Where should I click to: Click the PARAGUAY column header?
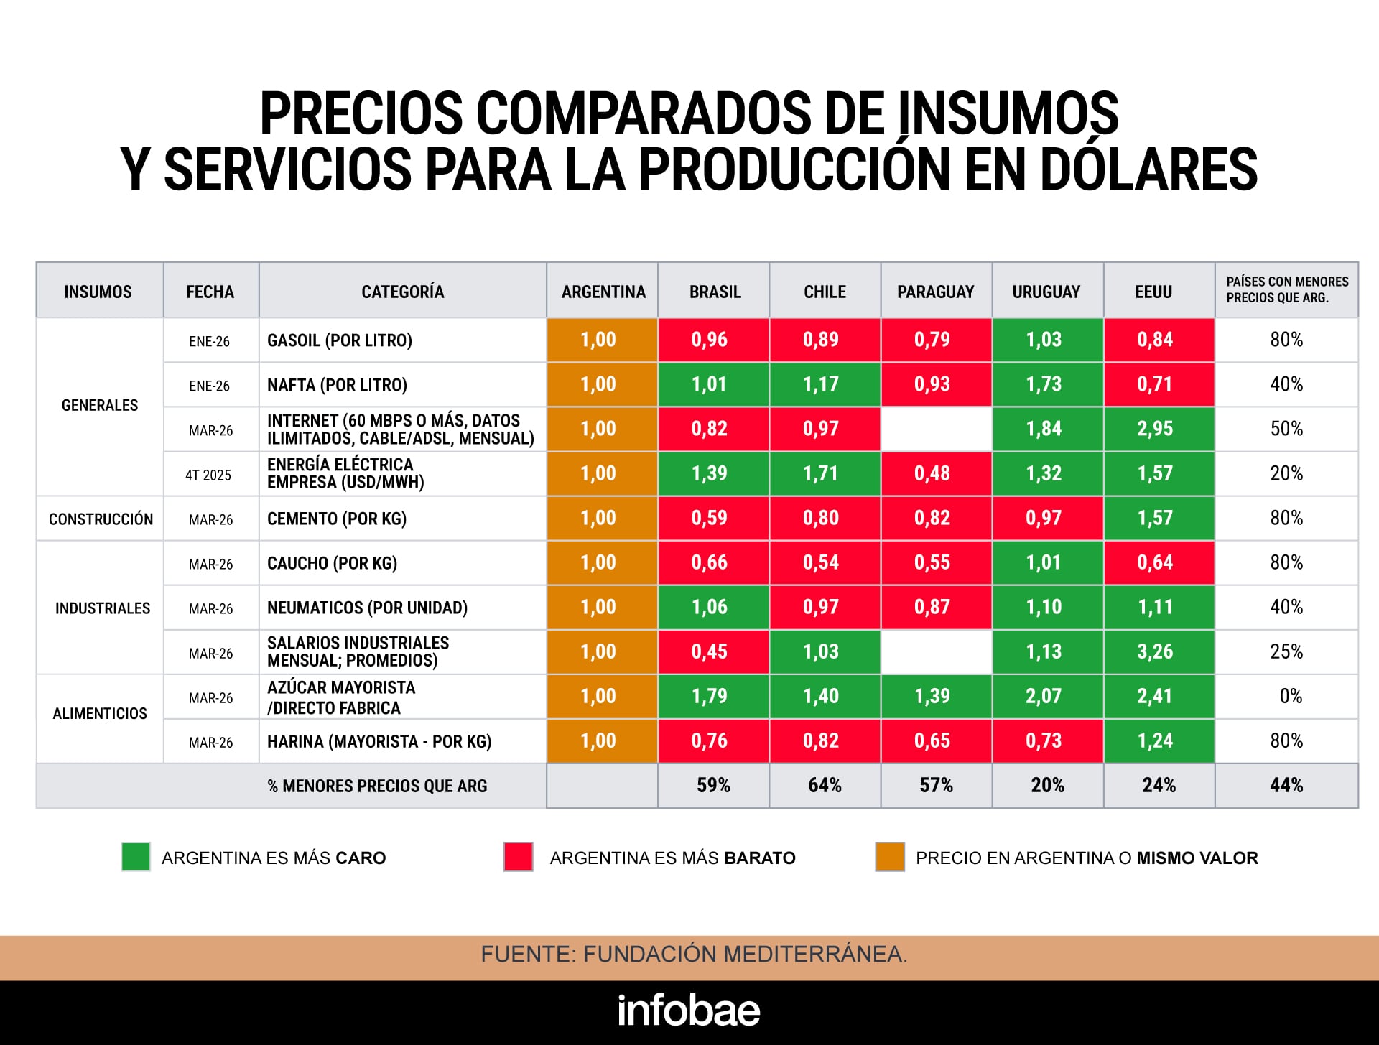[935, 292]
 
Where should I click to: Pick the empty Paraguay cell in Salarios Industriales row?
[936, 652]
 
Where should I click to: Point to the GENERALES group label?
[100, 406]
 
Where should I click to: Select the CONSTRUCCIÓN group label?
[101, 519]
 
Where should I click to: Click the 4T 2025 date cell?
[208, 475]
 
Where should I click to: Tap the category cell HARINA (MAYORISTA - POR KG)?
[379, 742]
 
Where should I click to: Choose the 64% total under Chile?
[825, 785]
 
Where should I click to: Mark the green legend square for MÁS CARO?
[136, 857]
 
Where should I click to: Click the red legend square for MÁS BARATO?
[518, 857]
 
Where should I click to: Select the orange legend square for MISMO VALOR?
[889, 857]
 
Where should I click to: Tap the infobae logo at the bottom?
[689, 1011]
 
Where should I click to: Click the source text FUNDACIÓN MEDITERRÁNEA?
[744, 955]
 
